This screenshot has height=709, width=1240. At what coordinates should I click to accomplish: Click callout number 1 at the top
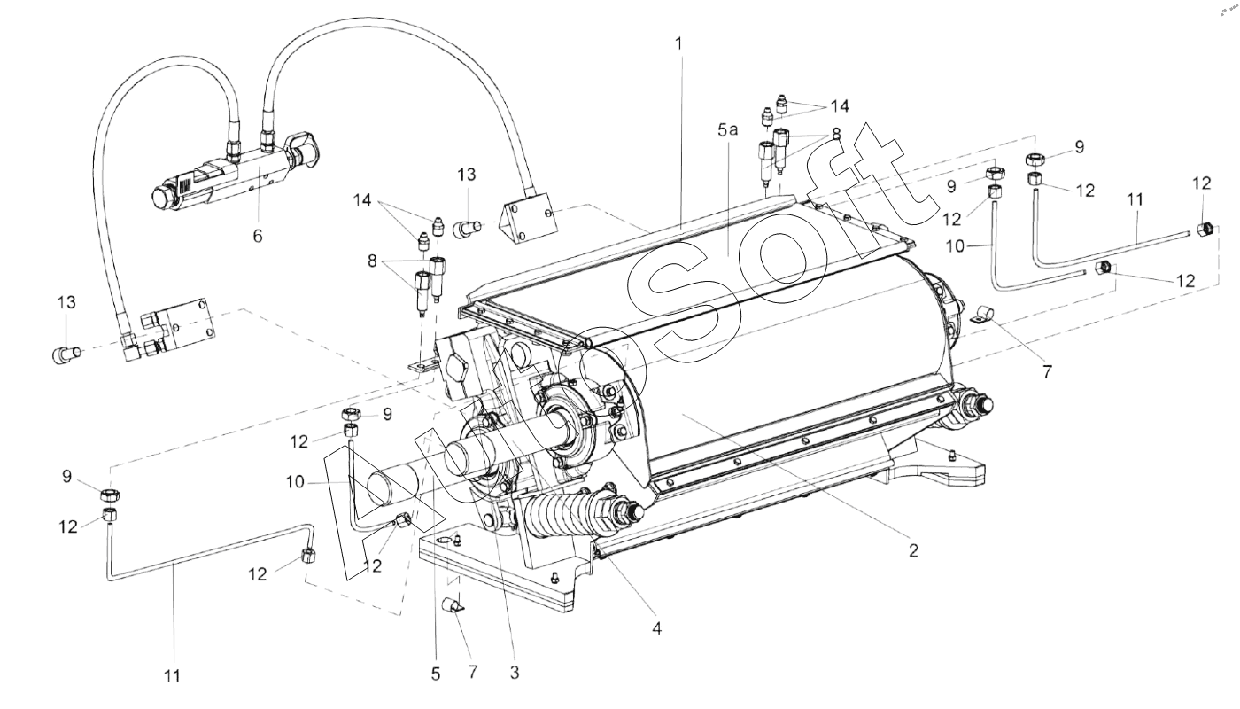(x=679, y=43)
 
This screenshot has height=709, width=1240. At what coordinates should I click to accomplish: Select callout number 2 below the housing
(x=913, y=550)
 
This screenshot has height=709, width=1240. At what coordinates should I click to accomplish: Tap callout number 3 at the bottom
(x=515, y=673)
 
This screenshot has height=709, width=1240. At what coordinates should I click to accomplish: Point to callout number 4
(x=656, y=628)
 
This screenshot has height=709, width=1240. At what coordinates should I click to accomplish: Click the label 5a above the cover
(x=728, y=130)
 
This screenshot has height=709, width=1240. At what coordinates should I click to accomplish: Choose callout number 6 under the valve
(x=258, y=236)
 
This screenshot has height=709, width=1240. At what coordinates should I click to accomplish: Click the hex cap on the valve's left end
(x=163, y=198)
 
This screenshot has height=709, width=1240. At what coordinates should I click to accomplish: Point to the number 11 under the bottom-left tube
(x=172, y=675)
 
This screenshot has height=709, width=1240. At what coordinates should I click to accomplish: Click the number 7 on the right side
(x=1047, y=371)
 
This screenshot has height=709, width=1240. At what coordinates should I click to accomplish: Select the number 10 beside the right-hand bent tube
(x=955, y=246)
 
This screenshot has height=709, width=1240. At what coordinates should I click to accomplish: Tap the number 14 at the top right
(x=839, y=105)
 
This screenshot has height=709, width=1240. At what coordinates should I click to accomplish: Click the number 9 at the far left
(x=67, y=477)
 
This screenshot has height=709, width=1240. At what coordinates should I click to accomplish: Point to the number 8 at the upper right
(x=836, y=134)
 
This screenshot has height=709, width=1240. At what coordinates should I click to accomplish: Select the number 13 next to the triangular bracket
(x=467, y=175)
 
